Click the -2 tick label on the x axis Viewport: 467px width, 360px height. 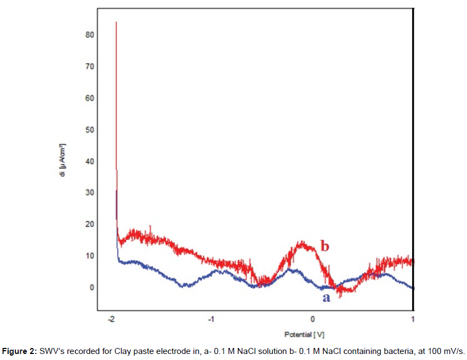point(112,319)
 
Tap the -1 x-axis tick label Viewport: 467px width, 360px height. point(212,319)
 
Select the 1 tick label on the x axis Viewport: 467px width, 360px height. point(412,319)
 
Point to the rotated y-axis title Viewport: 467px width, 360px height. point(65,165)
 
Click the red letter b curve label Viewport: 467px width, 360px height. point(324,247)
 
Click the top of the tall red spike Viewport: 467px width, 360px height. point(116,23)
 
